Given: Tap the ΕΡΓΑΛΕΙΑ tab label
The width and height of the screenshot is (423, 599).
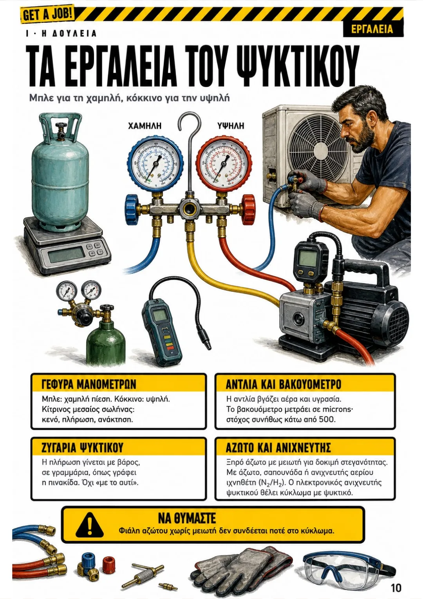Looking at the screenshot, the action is coord(372,29).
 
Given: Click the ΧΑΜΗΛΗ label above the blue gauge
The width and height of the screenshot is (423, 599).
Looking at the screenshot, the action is coord(145,126).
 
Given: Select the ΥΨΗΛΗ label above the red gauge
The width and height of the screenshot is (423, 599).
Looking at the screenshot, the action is coord(231,126).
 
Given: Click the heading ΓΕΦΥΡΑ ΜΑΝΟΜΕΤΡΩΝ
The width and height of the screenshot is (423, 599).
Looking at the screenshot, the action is coord(89,385).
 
